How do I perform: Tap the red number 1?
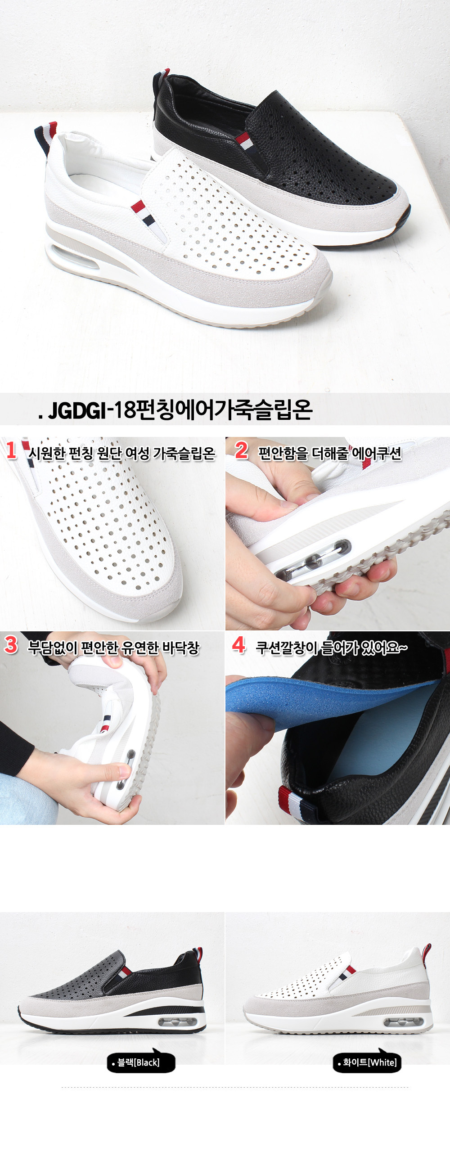point(11,450)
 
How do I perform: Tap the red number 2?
point(242,450)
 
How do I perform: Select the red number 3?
point(11,644)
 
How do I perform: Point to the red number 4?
point(238,644)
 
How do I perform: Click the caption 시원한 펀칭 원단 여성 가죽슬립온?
point(122,453)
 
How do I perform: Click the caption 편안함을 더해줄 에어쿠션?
point(329,453)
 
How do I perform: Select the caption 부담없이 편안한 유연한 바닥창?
point(114,648)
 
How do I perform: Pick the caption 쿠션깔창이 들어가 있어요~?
point(331,648)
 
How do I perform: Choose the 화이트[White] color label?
point(367,1062)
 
